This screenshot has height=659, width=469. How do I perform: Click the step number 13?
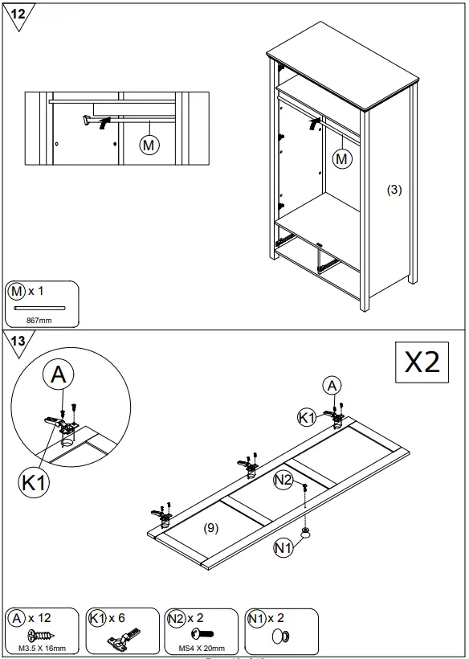coord(18,341)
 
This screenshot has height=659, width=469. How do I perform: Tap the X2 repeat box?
coord(422,362)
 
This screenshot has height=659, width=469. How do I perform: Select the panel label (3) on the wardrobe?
coord(394,190)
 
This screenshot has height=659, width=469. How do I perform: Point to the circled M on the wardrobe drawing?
coord(342,159)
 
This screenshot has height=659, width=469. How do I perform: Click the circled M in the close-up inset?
coord(149,145)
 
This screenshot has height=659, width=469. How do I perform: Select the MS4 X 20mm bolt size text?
coord(201,648)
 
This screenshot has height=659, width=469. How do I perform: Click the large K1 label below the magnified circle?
coord(34,483)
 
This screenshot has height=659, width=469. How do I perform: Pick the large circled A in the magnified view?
coord(59,374)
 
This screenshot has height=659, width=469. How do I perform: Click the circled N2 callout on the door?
coord(283,480)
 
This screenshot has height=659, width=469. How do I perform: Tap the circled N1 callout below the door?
coord(283,548)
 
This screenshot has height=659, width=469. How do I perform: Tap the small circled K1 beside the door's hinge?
coord(306,417)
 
